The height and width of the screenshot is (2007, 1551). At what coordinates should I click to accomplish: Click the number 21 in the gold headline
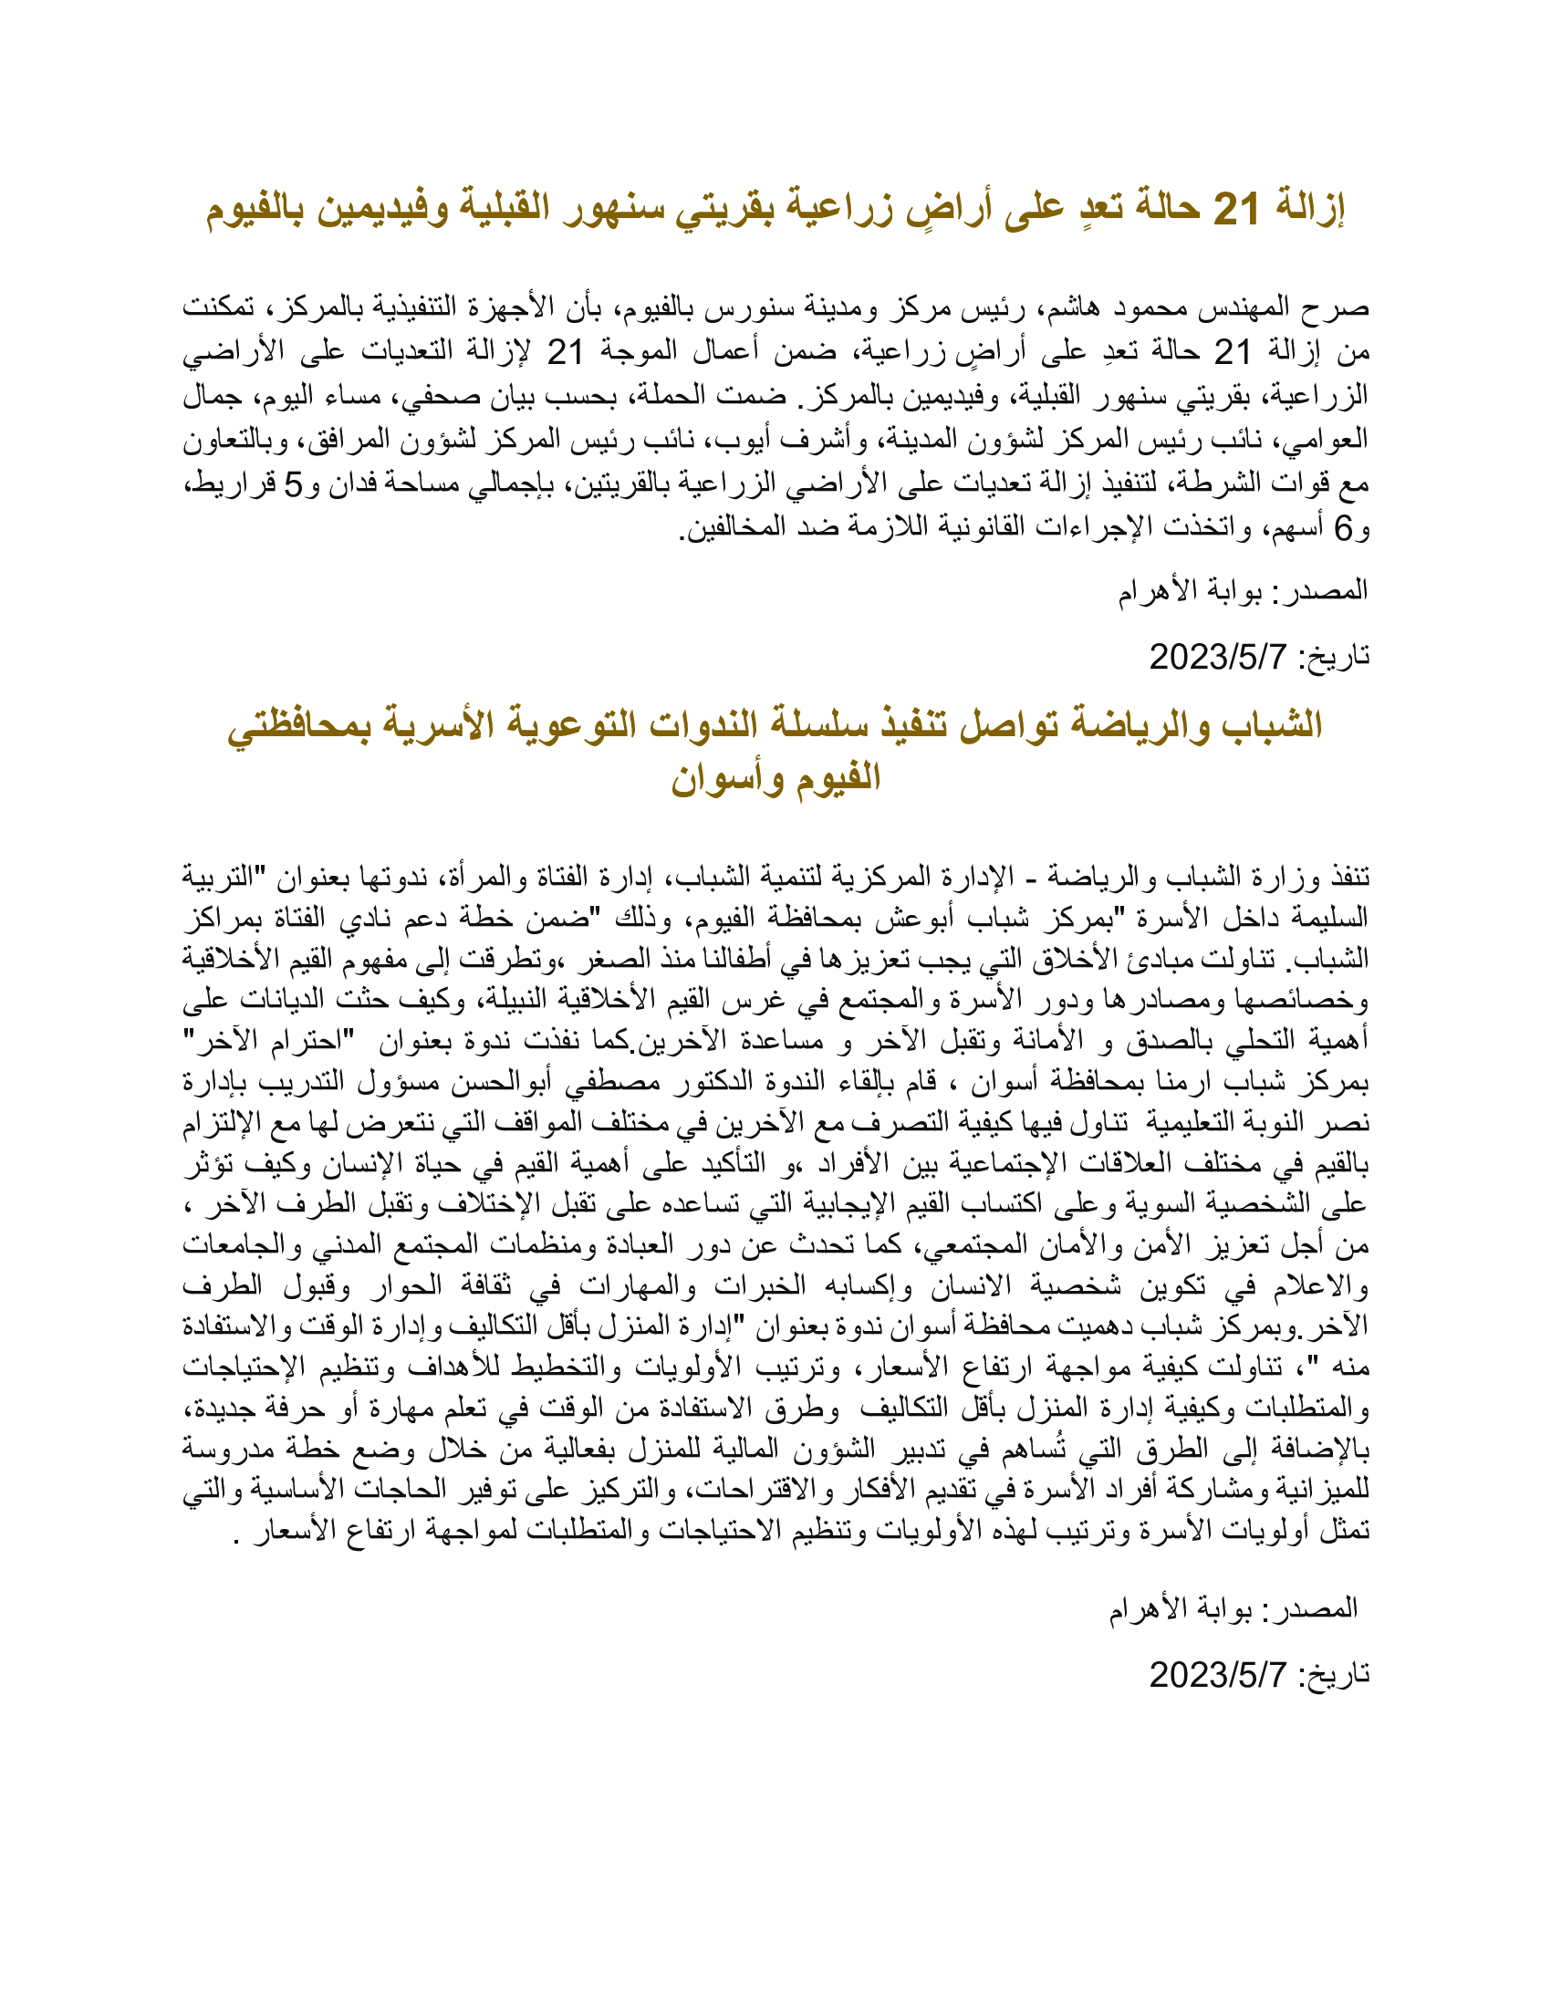pyautogui.click(x=1236, y=210)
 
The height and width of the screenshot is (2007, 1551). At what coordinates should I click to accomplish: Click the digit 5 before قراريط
pyautogui.click(x=292, y=484)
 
